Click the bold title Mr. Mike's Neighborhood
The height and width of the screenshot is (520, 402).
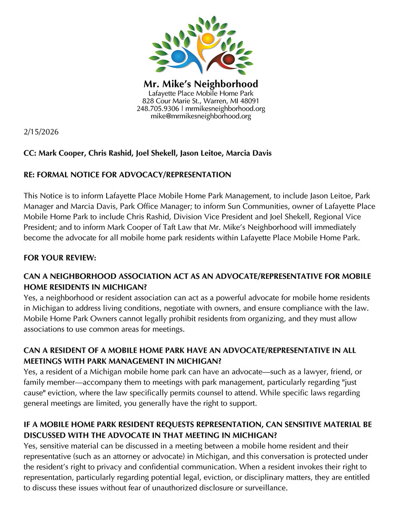pos(201,84)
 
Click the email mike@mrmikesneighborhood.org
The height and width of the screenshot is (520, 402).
pos(201,116)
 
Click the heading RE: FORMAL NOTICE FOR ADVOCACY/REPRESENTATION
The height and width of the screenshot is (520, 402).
pos(127,174)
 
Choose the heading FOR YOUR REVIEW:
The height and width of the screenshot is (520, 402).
pos(60,258)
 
